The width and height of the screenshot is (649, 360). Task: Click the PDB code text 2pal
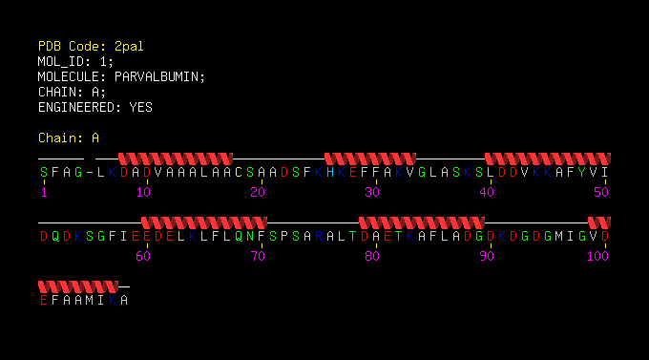click(129, 47)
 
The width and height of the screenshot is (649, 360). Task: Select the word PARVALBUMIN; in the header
click(159, 77)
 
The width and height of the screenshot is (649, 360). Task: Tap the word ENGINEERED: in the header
click(79, 108)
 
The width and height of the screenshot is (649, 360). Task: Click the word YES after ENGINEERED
click(140, 108)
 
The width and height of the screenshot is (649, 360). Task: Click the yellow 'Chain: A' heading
click(69, 138)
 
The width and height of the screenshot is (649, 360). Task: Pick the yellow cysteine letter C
click(239, 172)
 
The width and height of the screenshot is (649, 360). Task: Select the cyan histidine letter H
click(330, 172)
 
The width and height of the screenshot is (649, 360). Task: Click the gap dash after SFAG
click(90, 172)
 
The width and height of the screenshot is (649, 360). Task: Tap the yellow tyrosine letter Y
click(582, 172)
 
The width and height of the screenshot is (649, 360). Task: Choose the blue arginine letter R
click(318, 237)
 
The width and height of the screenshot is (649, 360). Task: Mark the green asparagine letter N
click(250, 237)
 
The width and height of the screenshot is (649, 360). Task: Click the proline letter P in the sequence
click(284, 237)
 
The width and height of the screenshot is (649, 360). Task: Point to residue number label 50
click(601, 192)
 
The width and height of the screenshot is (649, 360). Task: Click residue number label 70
click(258, 257)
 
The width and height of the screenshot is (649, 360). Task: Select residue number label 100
click(597, 257)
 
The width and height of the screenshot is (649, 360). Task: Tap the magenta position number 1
click(44, 192)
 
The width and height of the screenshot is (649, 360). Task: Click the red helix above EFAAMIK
click(78, 286)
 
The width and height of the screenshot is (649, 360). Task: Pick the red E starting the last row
click(44, 301)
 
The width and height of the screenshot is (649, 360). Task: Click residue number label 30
click(372, 192)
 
